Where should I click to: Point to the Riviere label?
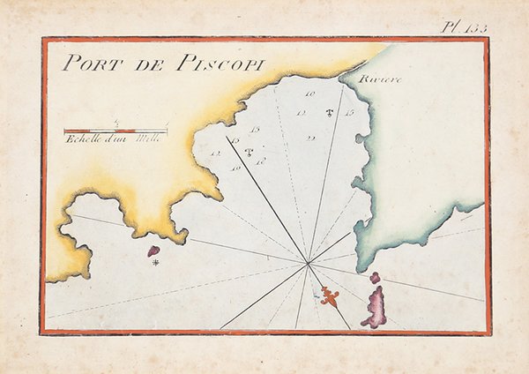380,80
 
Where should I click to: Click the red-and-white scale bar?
115,131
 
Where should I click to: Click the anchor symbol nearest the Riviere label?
329,113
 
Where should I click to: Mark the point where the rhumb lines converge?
308,262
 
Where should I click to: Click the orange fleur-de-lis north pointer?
330,295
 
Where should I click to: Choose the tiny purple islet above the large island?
375,278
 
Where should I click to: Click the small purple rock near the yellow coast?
153,251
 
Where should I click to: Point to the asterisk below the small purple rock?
155,263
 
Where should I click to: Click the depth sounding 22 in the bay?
310,138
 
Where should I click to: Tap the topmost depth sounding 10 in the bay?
310,93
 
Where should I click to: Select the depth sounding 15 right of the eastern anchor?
350,113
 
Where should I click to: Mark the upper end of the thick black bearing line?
227,137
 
